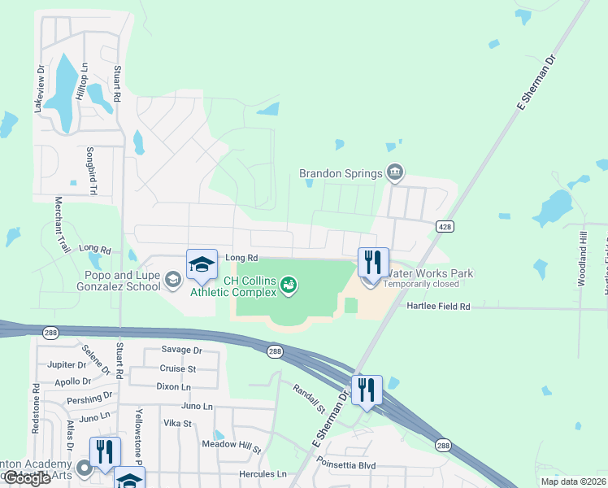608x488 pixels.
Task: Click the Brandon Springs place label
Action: [340, 173]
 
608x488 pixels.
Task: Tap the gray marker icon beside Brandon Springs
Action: [395, 171]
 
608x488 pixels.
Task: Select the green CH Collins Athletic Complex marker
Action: [289, 285]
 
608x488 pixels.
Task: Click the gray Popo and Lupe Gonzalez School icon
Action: [172, 281]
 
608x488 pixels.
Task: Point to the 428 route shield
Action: [444, 226]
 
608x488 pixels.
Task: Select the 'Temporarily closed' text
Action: [421, 284]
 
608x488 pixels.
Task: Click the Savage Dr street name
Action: [181, 350]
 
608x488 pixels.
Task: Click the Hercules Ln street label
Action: [263, 473]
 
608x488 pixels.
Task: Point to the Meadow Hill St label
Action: [232, 447]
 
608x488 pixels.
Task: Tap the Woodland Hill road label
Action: [582, 258]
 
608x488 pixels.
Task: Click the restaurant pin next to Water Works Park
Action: [373, 264]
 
